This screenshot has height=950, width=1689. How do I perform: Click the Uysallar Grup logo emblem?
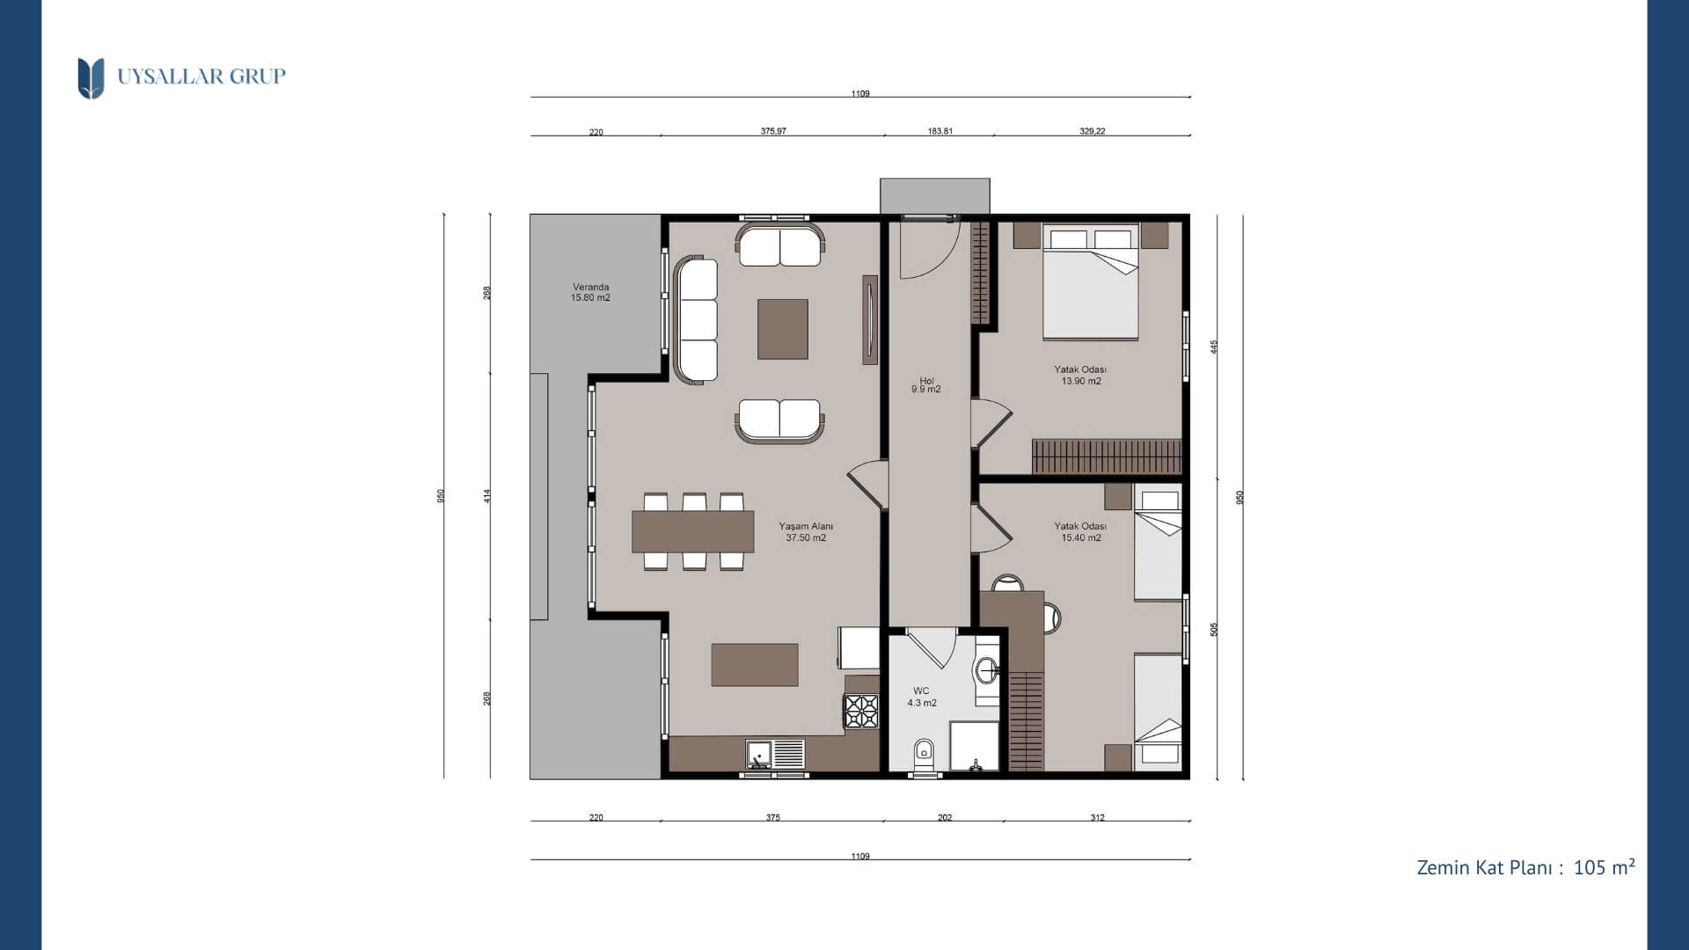91,78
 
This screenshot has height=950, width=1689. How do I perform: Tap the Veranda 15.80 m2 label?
590,292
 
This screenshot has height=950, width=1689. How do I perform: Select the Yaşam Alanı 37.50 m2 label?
806,532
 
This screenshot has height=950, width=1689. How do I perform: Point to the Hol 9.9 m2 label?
926,385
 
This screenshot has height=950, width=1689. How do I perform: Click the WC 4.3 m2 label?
922,697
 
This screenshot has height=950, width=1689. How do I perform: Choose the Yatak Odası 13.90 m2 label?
1081,376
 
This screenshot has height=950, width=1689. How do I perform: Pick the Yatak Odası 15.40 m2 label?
1081,532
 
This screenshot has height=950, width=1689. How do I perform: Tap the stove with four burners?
862,712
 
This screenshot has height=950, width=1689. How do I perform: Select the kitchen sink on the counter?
774,754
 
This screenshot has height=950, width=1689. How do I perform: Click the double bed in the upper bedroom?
1091,281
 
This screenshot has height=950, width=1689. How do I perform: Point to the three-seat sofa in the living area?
696,319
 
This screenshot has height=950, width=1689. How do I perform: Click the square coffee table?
783,329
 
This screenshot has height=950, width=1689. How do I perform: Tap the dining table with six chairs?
693,531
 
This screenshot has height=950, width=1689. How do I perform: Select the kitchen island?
755,664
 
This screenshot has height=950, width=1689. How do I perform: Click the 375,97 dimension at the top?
773,131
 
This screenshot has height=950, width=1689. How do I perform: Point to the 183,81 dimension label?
940,131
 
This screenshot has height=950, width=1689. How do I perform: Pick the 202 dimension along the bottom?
945,817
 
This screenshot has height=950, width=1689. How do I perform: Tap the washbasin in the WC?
988,670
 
